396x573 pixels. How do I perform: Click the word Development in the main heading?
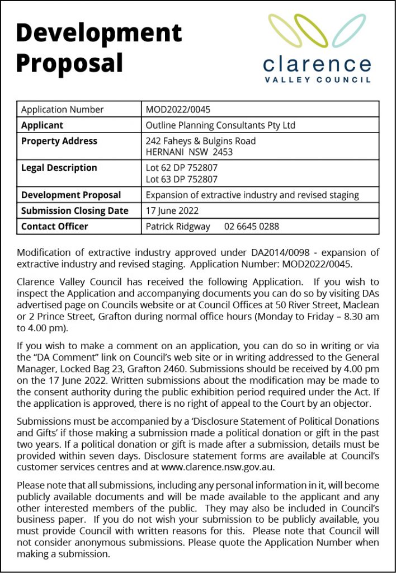(99, 33)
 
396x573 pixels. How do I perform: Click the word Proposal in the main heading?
(69, 63)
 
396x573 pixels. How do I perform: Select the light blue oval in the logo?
(348, 30)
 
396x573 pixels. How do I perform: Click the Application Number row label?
(62, 110)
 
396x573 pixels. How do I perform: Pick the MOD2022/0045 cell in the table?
(178, 110)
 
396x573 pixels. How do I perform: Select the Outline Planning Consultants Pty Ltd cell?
(220, 125)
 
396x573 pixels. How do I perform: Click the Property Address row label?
(59, 141)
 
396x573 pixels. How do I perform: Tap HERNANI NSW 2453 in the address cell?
(189, 152)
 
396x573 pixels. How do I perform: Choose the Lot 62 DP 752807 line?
(182, 168)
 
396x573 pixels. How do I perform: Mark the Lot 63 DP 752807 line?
(182, 179)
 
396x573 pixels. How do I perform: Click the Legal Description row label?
(59, 168)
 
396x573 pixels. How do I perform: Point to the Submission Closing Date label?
(74, 211)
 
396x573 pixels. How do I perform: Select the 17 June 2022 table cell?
(172, 211)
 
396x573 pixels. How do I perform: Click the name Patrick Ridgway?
(178, 227)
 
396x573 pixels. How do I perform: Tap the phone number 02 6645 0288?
(251, 227)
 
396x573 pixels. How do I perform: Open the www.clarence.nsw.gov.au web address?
(223, 467)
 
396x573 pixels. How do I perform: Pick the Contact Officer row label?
(54, 227)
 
